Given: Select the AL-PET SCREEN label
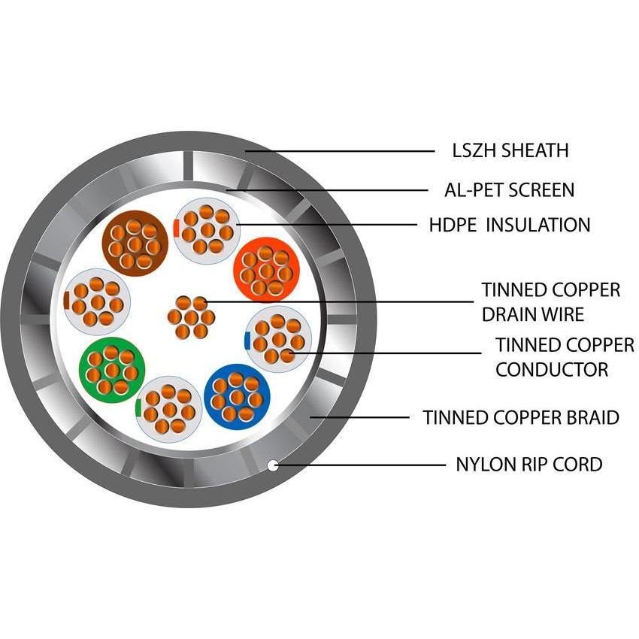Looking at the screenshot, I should click(x=509, y=190).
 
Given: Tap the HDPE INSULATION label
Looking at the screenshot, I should click(x=509, y=225).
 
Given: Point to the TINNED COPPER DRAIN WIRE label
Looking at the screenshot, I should click(x=551, y=301).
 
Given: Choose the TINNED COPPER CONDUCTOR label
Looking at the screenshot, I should click(x=565, y=357).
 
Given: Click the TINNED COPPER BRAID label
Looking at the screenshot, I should click(x=521, y=417).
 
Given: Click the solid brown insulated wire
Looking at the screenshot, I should click(x=135, y=243).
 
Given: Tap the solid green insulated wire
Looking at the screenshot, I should click(x=111, y=368).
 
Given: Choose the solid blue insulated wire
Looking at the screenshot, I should click(x=237, y=395).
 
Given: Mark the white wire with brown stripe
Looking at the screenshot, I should click(x=97, y=301).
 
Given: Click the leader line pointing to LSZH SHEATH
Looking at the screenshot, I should click(x=338, y=151).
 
